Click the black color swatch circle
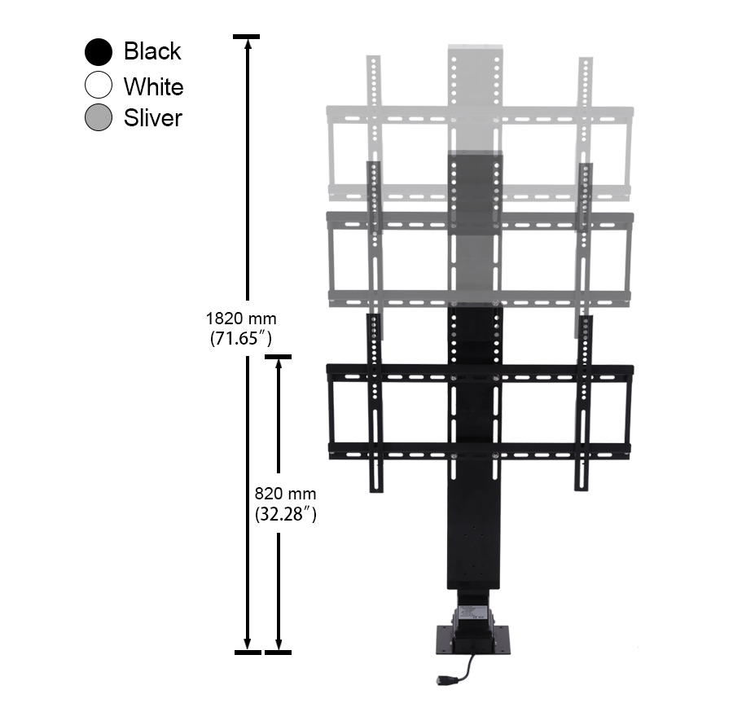(x=99, y=51)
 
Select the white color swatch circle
(x=99, y=85)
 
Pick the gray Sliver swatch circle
(x=99, y=116)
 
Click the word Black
(x=152, y=51)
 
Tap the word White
(x=154, y=86)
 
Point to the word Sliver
(x=153, y=118)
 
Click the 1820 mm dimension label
(x=241, y=319)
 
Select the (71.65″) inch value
(x=241, y=337)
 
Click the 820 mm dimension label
(x=286, y=494)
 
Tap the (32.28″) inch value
(x=286, y=513)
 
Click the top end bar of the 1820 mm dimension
(x=247, y=37)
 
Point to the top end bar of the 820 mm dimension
(x=279, y=357)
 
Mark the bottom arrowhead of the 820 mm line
(x=279, y=645)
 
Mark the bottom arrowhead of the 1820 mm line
(x=248, y=645)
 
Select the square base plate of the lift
(x=473, y=640)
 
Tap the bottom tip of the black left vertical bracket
(x=376, y=492)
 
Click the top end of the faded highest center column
(x=476, y=46)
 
